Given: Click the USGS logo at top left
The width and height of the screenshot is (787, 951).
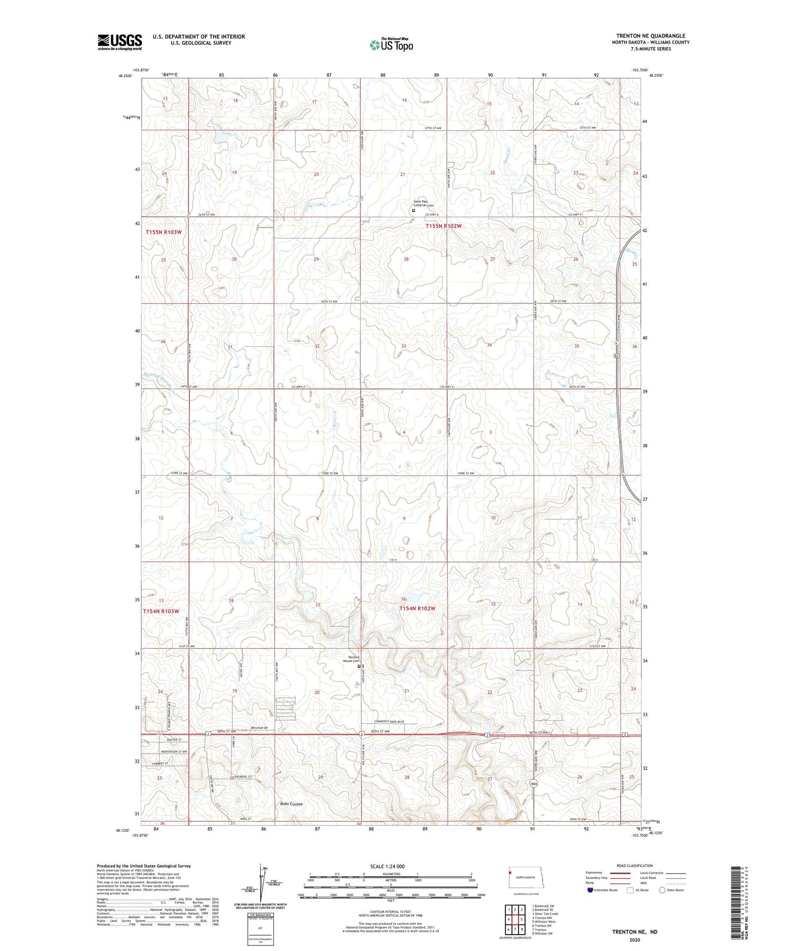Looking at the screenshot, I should pos(119,42).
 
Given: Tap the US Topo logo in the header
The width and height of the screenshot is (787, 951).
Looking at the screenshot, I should pos(391,45).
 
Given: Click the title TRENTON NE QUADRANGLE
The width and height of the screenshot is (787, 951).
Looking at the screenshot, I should pos(650,36).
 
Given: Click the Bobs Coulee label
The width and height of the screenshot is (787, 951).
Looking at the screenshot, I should pos(291,804).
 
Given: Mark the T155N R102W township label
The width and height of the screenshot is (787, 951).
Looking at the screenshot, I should pos(443,225).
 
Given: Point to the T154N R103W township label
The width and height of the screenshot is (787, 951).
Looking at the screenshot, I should pos(161,611).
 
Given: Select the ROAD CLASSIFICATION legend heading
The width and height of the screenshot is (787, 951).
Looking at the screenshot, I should pos(634,865).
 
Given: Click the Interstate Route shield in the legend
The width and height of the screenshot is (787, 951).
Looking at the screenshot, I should pos(590,890).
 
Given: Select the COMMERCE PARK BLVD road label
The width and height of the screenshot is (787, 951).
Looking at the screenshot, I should pos(391,721).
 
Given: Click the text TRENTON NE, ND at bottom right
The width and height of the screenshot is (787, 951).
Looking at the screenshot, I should pos(634,931).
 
